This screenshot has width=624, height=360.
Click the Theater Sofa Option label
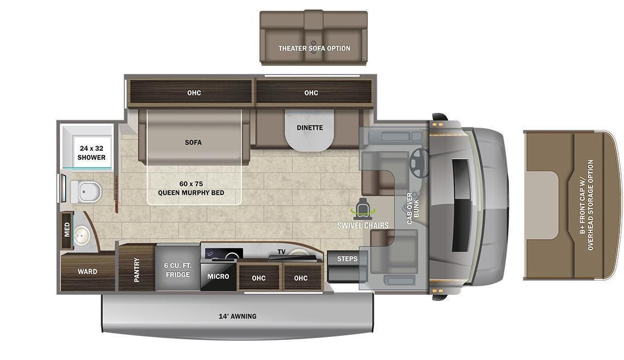pyautogui.click(x=314, y=48)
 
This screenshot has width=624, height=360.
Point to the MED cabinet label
pyautogui.click(x=67, y=229)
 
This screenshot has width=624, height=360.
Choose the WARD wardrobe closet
pyautogui.click(x=87, y=272)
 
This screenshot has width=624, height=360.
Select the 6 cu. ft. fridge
pyautogui.click(x=177, y=269)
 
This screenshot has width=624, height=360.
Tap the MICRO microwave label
pyautogui.click(x=218, y=276)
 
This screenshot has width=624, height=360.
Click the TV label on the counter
pyautogui.click(x=282, y=252)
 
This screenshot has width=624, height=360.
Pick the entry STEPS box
pyautogui.click(x=347, y=259)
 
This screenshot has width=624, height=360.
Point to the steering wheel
pyautogui.click(x=419, y=161)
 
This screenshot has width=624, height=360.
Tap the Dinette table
pyautogui.click(x=310, y=129)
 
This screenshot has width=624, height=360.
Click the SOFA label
pyautogui.click(x=193, y=142)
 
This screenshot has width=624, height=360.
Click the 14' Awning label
pyautogui.click(x=237, y=316)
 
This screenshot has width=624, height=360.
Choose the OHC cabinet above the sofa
pyautogui.click(x=194, y=93)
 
